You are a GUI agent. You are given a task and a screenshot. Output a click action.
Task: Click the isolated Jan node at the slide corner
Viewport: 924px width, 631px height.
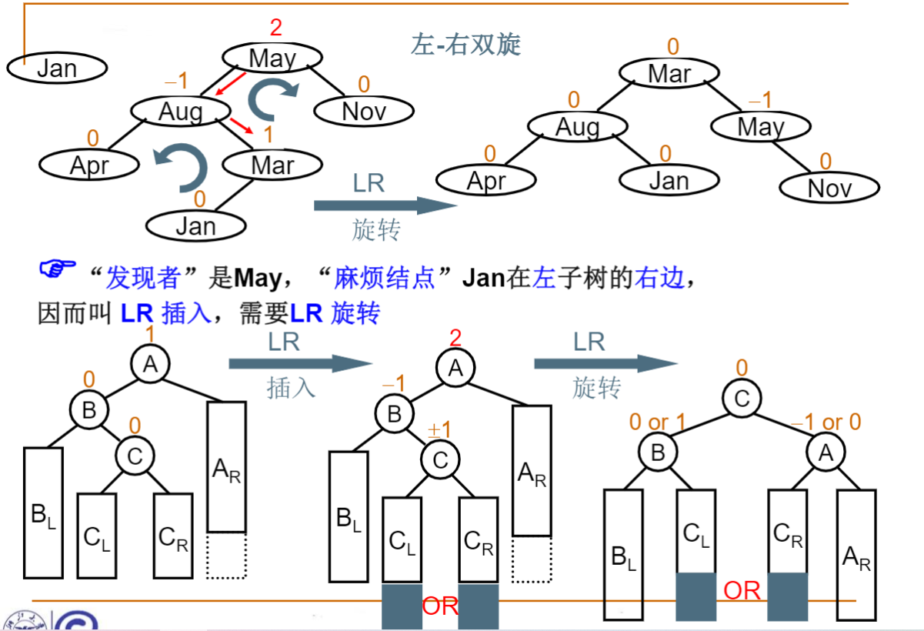click(57, 68)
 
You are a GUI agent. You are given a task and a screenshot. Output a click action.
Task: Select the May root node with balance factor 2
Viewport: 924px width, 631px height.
click(272, 58)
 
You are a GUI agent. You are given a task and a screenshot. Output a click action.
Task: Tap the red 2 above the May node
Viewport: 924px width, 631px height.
click(276, 28)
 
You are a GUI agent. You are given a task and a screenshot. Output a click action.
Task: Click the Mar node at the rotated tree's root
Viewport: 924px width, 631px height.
click(669, 74)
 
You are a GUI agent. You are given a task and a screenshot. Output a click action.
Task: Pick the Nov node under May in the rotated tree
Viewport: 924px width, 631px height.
click(829, 188)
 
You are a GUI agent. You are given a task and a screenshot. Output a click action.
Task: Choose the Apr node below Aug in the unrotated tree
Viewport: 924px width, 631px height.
click(89, 165)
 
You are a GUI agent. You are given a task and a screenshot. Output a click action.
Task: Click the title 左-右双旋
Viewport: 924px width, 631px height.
click(465, 45)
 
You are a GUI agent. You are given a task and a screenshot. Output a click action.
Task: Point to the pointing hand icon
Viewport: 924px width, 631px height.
click(58, 269)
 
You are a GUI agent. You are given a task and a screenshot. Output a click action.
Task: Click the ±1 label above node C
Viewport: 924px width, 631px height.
click(439, 429)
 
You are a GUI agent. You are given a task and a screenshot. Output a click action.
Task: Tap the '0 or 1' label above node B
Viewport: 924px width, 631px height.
click(659, 422)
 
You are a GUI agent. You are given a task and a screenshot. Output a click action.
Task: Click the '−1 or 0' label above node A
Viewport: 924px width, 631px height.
click(827, 422)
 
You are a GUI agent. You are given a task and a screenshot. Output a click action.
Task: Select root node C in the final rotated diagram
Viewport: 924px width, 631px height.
click(742, 399)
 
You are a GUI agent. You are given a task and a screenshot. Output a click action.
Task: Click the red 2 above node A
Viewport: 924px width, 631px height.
click(455, 337)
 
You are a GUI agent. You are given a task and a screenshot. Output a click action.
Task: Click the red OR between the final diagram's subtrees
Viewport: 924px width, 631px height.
click(742, 590)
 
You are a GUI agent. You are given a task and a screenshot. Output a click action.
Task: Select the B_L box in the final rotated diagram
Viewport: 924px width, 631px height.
click(622, 554)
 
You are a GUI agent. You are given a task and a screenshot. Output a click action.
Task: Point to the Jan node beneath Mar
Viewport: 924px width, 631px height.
click(196, 225)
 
